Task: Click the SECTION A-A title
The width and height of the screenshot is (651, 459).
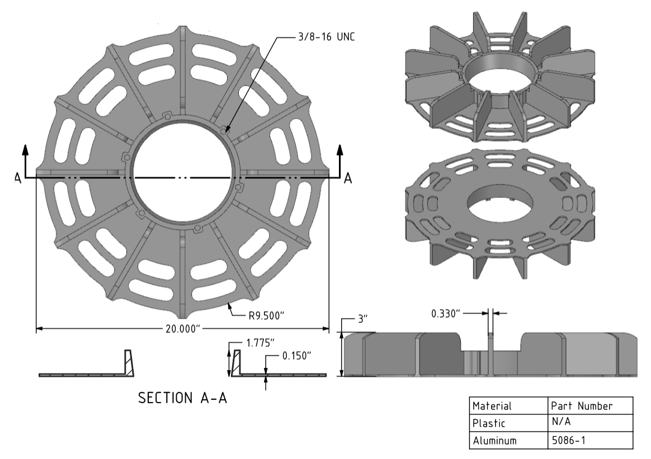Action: click(182, 399)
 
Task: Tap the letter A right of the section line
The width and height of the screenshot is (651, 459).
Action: click(348, 177)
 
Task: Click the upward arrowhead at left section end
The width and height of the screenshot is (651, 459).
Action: click(25, 149)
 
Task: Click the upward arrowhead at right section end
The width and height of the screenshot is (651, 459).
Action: click(339, 149)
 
